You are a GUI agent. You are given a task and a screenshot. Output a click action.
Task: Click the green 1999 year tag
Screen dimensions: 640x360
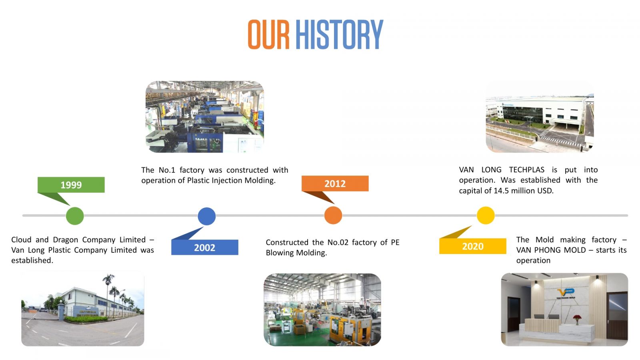pos(71,184)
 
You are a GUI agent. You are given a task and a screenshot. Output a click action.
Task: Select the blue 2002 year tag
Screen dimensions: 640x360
pos(204,247)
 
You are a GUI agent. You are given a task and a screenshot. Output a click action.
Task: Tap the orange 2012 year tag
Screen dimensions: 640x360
pos(335,184)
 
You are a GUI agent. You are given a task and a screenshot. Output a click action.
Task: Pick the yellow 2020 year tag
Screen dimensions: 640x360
pos(472,246)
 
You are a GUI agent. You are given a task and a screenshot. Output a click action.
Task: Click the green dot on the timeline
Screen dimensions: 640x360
pos(75,216)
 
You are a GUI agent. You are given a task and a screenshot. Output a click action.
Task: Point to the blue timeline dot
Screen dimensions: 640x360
pos(206,216)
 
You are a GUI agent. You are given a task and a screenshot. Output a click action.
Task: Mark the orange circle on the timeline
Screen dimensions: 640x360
pos(333,215)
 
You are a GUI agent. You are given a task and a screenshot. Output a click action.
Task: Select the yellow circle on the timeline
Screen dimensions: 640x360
pos(486,215)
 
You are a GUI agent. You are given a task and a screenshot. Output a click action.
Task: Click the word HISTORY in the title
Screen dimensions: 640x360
pos(339,34)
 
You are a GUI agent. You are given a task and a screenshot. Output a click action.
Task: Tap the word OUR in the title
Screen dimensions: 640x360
pos(268,34)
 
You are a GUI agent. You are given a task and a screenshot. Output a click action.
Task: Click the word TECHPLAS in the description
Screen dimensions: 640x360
pos(526,170)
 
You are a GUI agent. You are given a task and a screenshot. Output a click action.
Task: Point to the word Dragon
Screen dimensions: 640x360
pos(66,240)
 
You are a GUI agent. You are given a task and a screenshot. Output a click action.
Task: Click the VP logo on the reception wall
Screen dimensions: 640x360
pos(566,292)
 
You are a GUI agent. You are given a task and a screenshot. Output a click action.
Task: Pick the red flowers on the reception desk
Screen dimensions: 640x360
pos(577,318)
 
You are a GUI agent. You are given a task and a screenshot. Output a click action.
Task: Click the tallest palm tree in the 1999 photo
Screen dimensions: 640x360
pos(108,294)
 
